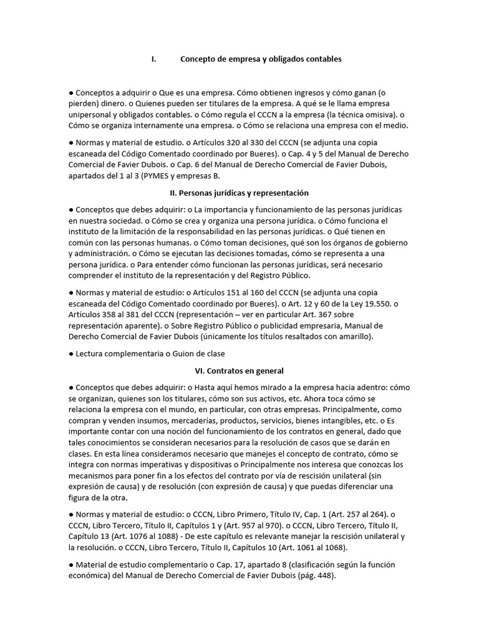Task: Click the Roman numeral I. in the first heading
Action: click(x=153, y=59)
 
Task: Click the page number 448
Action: click(x=324, y=576)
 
